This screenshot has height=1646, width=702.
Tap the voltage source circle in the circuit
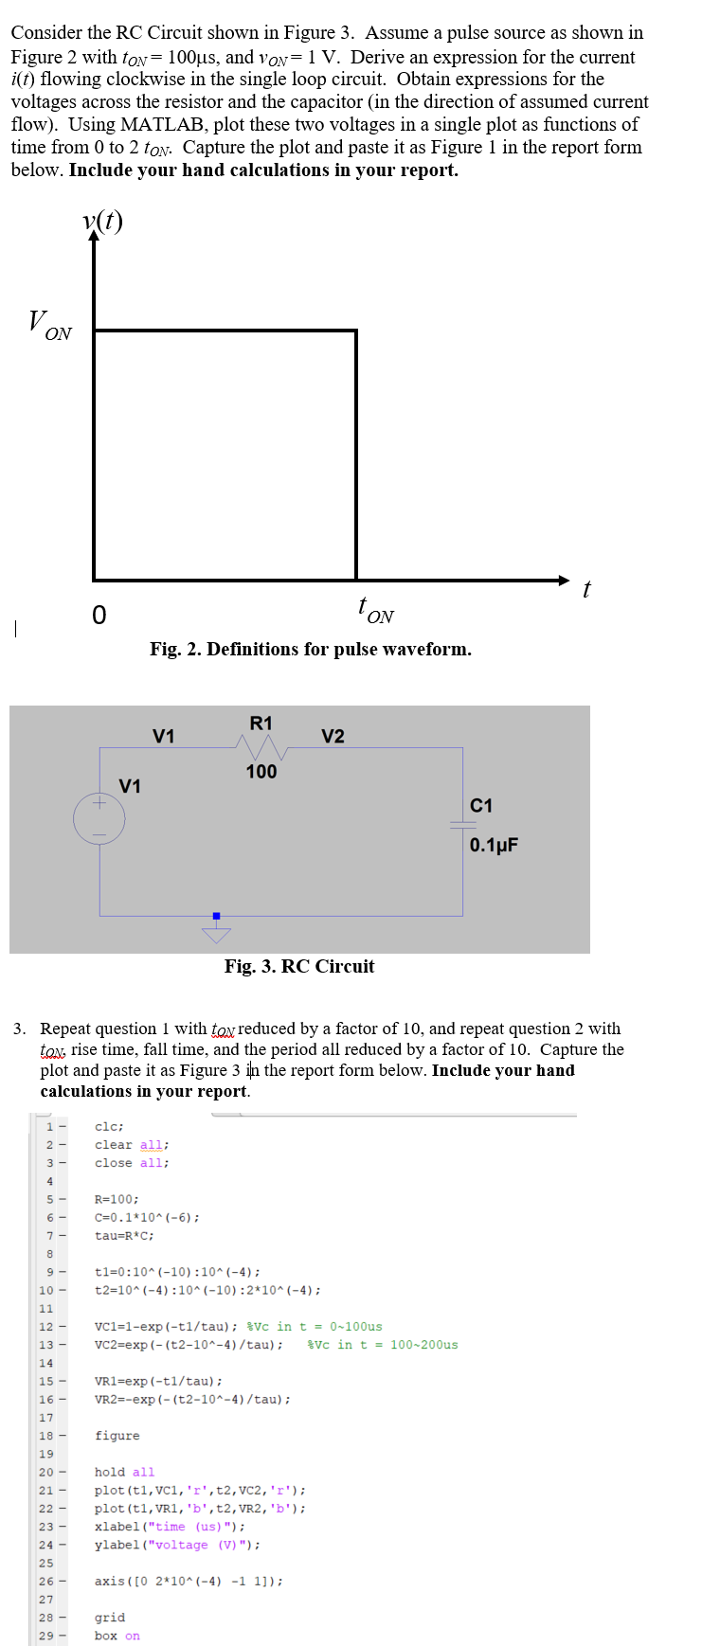point(99,817)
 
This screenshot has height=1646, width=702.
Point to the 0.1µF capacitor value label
point(494,845)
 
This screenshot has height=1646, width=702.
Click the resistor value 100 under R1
point(261,772)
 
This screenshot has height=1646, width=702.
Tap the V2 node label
point(333,736)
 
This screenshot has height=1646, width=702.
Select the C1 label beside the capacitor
point(481,806)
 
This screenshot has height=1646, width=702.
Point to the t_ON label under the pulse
point(375,610)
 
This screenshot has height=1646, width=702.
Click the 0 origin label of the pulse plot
point(99,616)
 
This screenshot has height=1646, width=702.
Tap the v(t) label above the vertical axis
point(102,221)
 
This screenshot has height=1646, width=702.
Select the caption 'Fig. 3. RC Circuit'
point(299,966)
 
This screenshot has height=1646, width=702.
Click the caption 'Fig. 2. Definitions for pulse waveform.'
point(310,649)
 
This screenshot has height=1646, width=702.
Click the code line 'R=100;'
point(117,1199)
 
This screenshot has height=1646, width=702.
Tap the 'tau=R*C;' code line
point(124,1235)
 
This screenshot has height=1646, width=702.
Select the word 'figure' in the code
point(117,1436)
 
